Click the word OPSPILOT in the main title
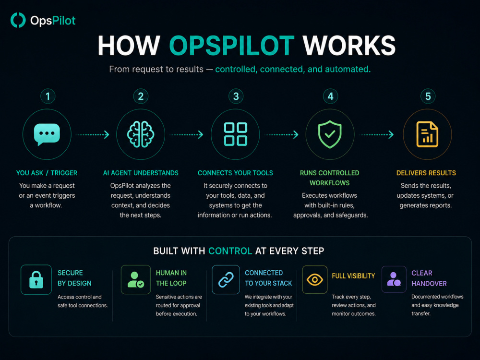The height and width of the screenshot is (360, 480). click(232, 46)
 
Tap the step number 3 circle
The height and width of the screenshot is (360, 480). click(236, 96)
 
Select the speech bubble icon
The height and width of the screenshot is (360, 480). click(47, 134)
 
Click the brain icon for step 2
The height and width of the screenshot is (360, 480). click(141, 134)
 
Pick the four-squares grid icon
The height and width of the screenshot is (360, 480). click(235, 134)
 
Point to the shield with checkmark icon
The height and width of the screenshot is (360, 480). click(330, 134)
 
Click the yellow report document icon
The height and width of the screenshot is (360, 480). click(427, 134)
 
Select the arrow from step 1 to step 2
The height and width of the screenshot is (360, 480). click(93, 135)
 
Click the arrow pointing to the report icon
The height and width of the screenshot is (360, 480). click(376, 135)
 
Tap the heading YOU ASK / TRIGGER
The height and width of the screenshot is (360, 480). click(47, 173)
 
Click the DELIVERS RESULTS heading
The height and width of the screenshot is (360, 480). click(426, 173)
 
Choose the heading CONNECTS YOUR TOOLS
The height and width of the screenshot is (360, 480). click(235, 173)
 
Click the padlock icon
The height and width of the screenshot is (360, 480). click(36, 280)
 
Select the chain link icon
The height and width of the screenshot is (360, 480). click(226, 280)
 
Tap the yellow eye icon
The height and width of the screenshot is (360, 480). click(315, 280)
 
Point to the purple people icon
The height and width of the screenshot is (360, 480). click(394, 279)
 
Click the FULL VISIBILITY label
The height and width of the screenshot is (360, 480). click(353, 276)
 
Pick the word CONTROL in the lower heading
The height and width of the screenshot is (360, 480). click(230, 251)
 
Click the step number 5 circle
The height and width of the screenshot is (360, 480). click(428, 96)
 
